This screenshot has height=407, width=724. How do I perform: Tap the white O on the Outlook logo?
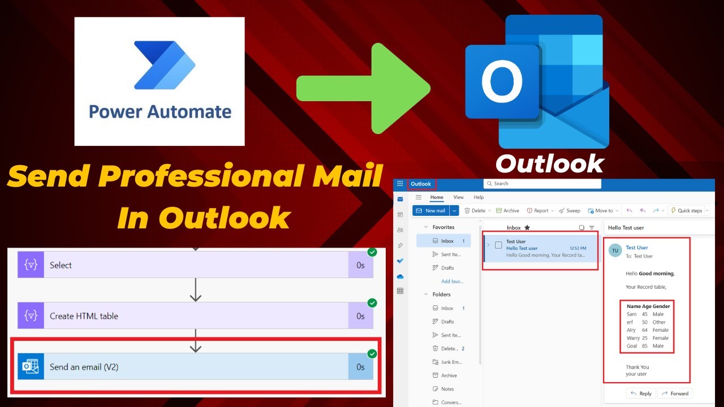(x=502, y=83)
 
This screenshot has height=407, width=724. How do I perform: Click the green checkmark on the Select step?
(x=372, y=252)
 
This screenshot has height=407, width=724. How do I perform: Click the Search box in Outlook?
(x=542, y=184)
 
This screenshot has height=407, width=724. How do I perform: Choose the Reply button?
(x=641, y=393)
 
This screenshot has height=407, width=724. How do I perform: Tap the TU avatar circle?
(x=615, y=251)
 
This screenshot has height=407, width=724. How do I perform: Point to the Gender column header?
(x=661, y=306)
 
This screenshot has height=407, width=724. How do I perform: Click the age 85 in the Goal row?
(x=645, y=346)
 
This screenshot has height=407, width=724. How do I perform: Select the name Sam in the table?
(x=632, y=314)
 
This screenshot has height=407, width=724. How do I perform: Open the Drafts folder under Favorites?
(x=447, y=268)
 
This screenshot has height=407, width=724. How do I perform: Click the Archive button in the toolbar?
(x=507, y=211)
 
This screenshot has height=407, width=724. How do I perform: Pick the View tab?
(x=458, y=197)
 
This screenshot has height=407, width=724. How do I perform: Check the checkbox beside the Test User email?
(x=498, y=245)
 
